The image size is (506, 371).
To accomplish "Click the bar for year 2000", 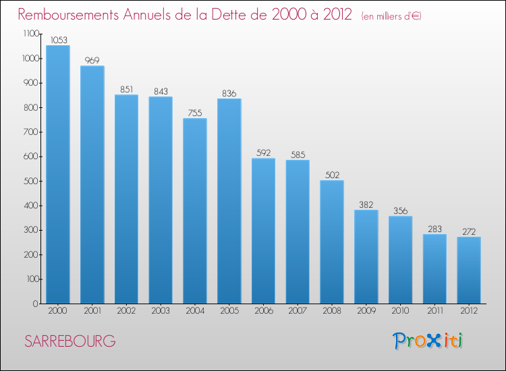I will pyautogui.click(x=57, y=174).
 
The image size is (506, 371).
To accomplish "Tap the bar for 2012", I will pyautogui.click(x=469, y=270).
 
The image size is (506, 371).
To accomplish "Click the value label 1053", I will pyautogui.click(x=57, y=40).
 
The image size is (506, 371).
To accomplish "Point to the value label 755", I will pyautogui.click(x=194, y=113).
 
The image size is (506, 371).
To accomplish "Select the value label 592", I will pyautogui.click(x=263, y=152).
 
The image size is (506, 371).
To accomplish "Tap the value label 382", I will pyautogui.click(x=366, y=204).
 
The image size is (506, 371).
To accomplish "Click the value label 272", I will pyautogui.click(x=469, y=231).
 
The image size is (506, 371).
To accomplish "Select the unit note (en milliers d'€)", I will pyautogui.click(x=391, y=16).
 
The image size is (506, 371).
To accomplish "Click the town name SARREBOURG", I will pyautogui.click(x=70, y=341).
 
